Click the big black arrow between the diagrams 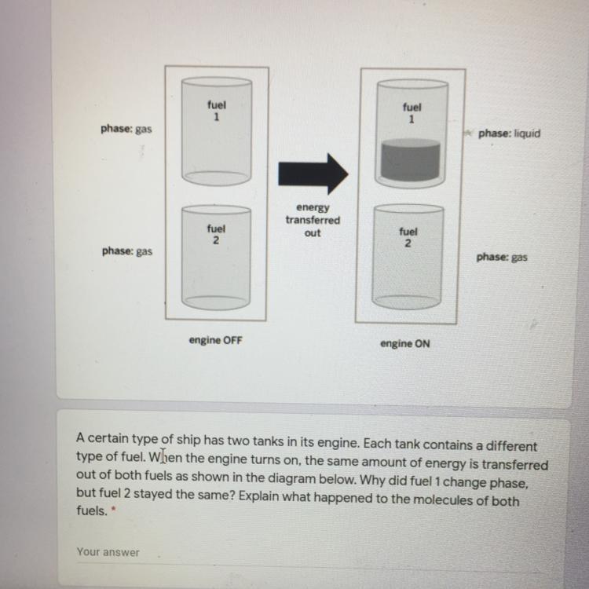pos(313,174)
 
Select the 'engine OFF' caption pos(216,340)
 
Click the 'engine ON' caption pos(405,344)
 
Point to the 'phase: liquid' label pos(509,134)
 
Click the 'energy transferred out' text pos(313,220)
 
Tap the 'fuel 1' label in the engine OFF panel pos(217,111)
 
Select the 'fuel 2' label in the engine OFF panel pos(216,234)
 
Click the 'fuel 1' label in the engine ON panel pos(412,113)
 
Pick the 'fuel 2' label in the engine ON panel pos(408,237)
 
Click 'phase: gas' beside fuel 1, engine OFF pos(126,130)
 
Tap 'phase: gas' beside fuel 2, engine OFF pos(127,251)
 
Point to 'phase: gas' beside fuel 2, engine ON pos(502,258)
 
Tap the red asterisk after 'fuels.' pos(114,509)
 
